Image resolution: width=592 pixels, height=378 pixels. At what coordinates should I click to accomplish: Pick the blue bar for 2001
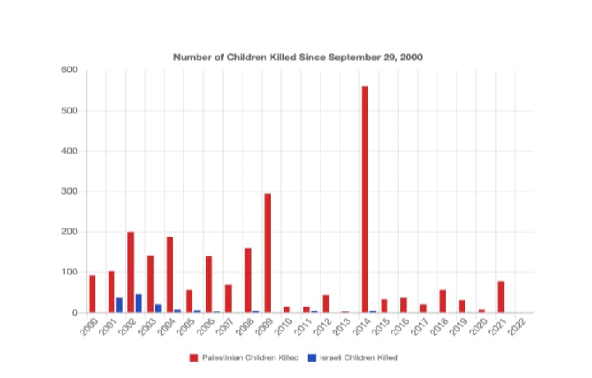(119, 305)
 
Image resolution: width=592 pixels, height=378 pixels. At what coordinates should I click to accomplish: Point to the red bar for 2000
(92, 294)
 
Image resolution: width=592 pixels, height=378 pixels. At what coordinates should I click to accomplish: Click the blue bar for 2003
(159, 308)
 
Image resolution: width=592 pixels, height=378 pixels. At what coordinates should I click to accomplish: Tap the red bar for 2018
(442, 301)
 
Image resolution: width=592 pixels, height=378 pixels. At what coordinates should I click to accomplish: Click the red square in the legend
(193, 357)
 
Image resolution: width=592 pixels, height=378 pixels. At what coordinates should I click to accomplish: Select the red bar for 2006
(209, 284)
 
